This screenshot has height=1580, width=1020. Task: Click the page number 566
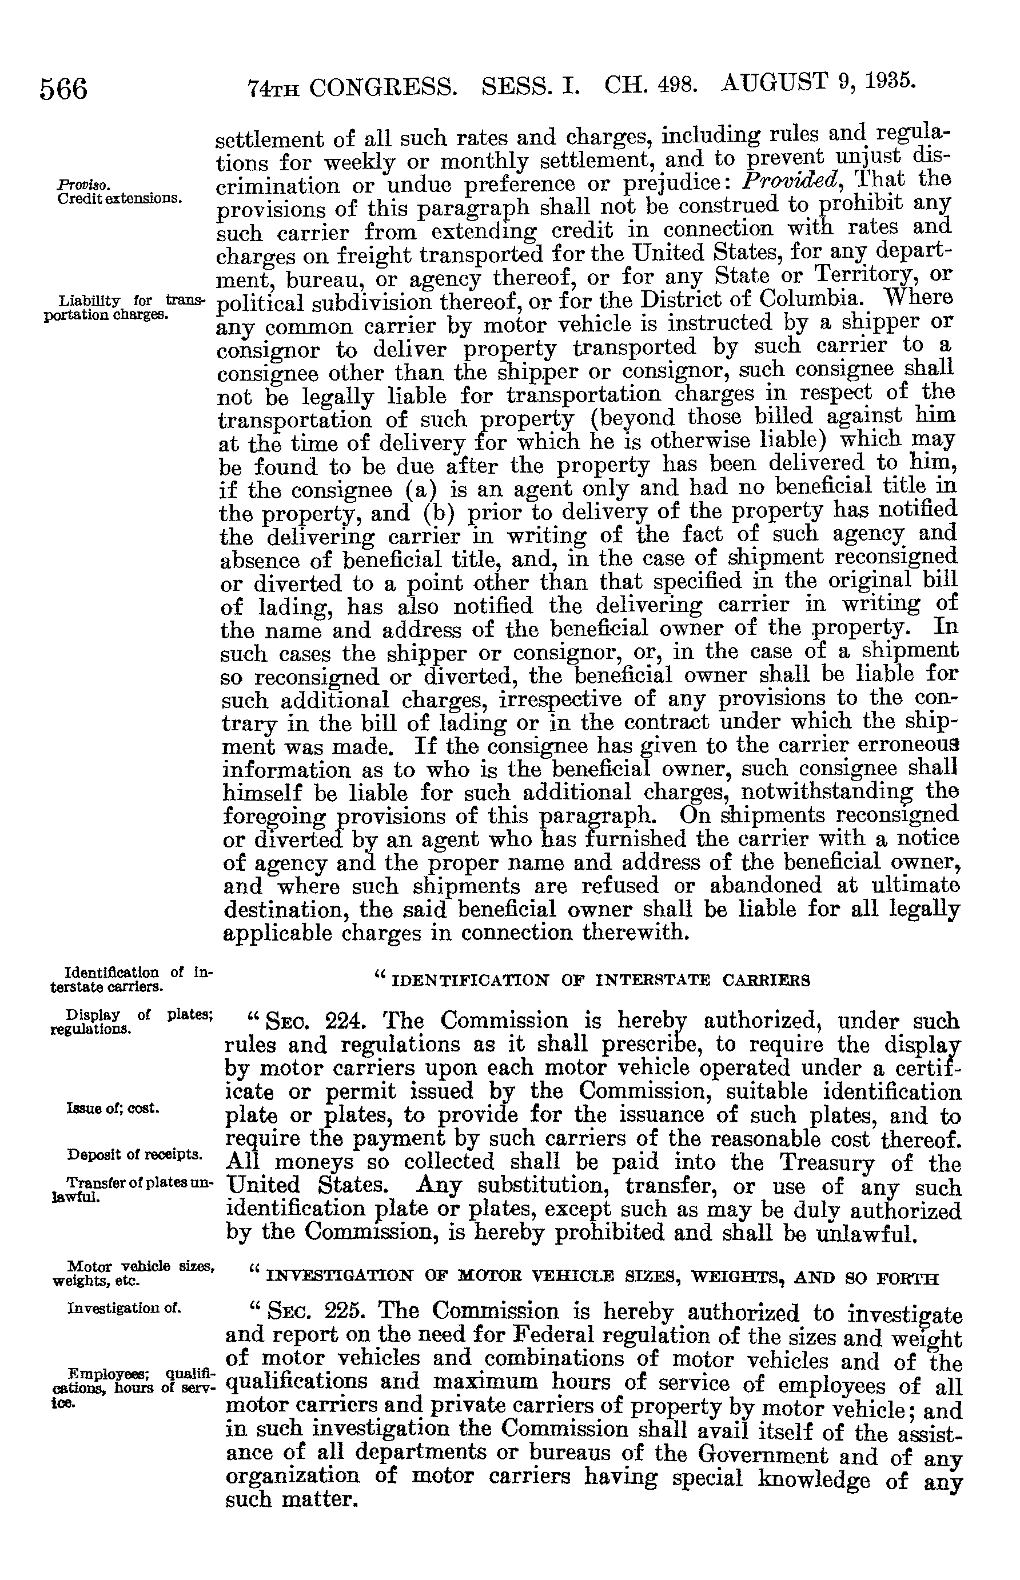[63, 88]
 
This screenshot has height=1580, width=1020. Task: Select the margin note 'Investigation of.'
[123, 1308]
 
